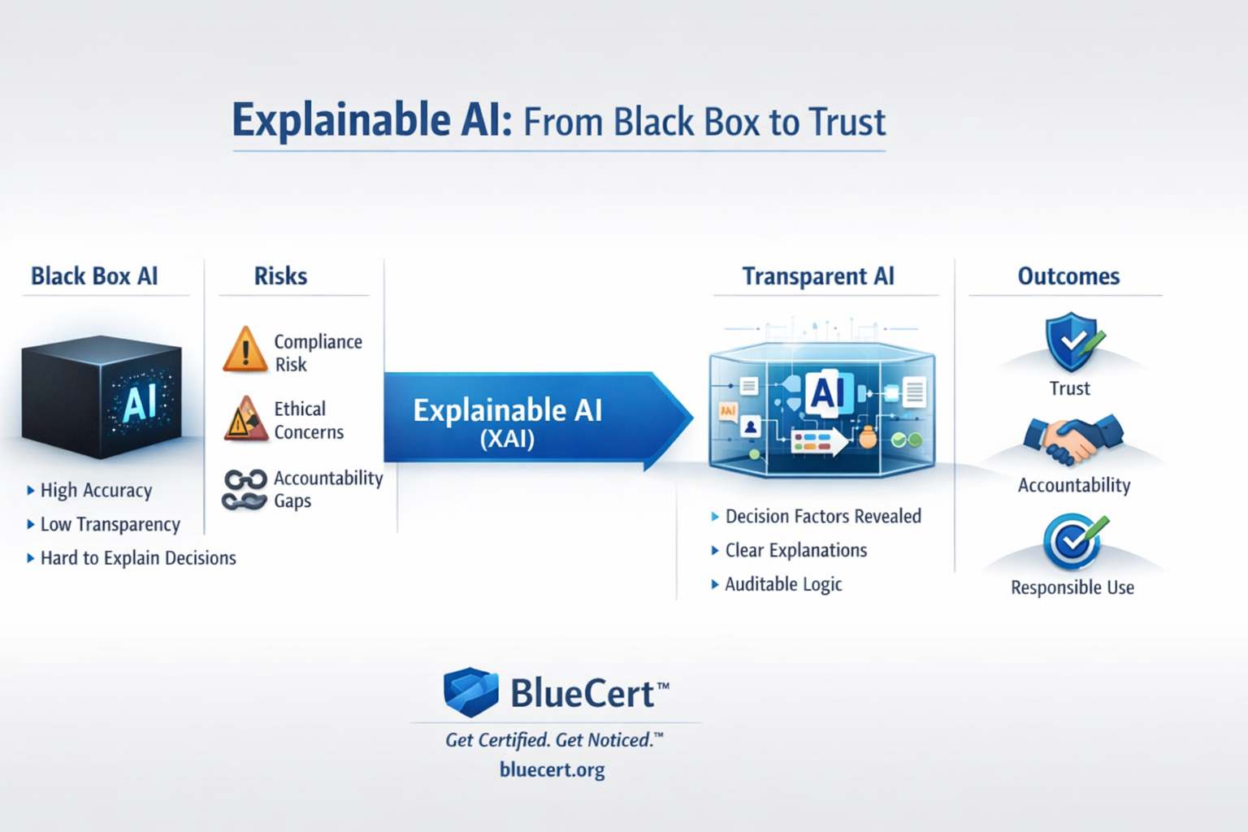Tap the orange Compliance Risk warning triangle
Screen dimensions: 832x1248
click(245, 351)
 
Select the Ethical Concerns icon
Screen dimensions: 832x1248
click(245, 419)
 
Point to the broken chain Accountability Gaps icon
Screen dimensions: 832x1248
click(245, 489)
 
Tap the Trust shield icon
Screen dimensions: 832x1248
click(1071, 341)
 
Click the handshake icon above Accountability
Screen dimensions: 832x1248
click(1072, 440)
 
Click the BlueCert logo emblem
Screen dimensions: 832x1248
click(471, 692)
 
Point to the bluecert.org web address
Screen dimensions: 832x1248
click(552, 769)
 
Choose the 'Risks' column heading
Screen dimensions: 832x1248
click(280, 276)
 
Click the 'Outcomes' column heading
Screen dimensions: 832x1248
click(1068, 276)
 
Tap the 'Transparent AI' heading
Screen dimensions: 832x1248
click(818, 276)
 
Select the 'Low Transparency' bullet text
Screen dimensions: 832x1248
click(110, 525)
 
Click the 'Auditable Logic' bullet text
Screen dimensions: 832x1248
click(783, 584)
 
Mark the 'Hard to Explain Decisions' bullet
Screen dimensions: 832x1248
click(138, 558)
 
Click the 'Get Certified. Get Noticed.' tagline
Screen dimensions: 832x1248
click(552, 740)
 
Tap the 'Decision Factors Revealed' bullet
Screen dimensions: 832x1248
click(823, 517)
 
